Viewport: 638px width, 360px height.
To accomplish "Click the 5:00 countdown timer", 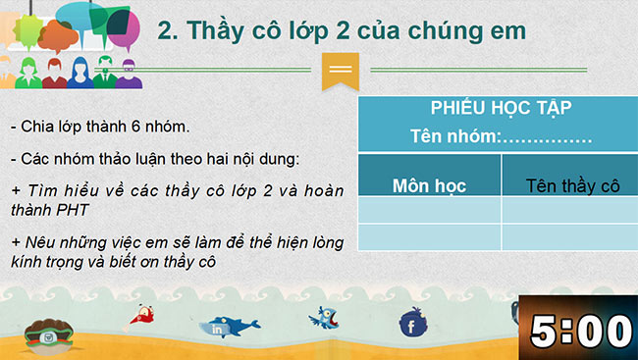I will (580, 331).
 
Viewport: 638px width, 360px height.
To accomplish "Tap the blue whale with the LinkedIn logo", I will (228, 327).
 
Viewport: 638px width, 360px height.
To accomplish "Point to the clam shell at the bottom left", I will (46, 336).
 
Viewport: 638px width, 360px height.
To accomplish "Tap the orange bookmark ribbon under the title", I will (340, 70).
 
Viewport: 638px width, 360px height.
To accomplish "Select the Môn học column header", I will (429, 184).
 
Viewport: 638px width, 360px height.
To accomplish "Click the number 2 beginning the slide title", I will (166, 32).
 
